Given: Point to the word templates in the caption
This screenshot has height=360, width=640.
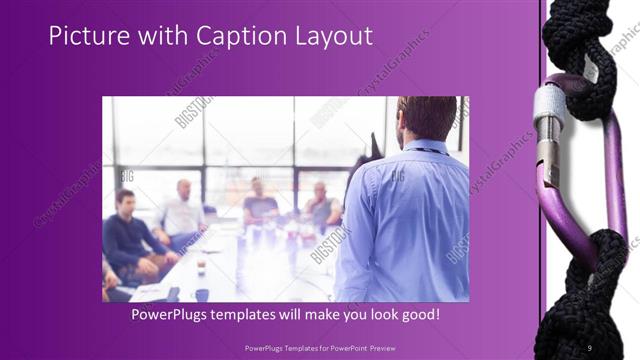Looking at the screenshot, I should [264, 314].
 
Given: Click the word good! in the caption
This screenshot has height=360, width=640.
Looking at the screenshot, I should [419, 314].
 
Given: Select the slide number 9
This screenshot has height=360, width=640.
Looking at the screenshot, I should [590, 347].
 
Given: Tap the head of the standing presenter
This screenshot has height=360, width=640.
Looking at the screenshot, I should [428, 117].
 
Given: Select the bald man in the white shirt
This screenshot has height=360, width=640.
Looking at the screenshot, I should [182, 211].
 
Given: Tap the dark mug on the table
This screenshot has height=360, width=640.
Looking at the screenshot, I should [201, 294].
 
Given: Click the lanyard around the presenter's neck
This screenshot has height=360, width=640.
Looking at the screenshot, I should [420, 150].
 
